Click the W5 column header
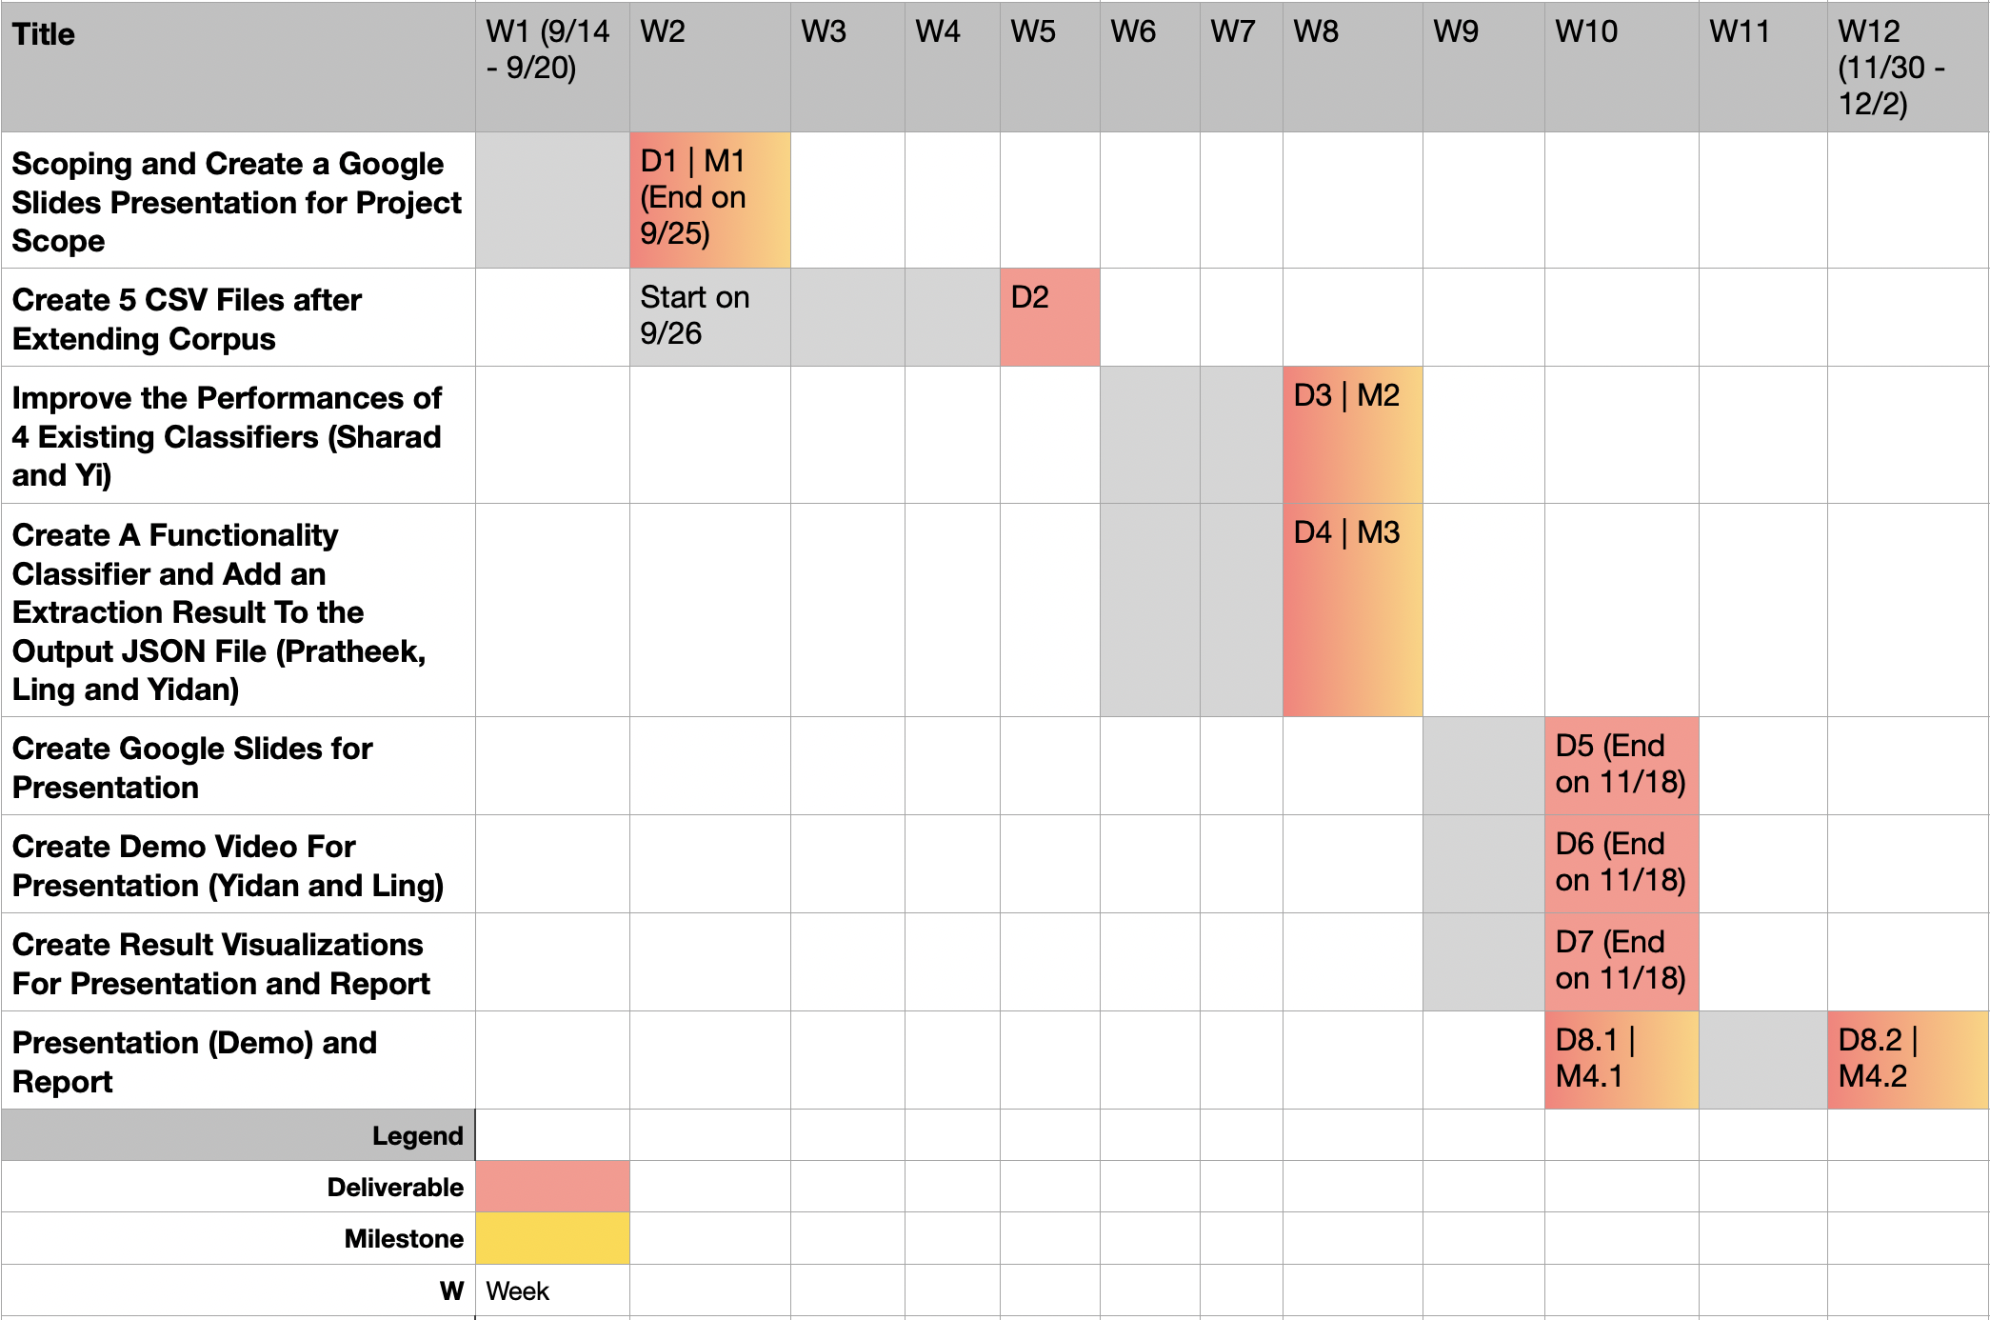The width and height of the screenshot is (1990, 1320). click(x=1049, y=67)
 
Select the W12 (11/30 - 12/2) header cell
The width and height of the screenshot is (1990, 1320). click(x=1907, y=67)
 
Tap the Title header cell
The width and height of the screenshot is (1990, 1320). click(x=238, y=67)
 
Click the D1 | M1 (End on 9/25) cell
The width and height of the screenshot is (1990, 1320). click(x=709, y=200)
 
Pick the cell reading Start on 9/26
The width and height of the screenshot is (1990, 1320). click(x=709, y=316)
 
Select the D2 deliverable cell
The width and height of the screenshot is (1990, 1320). click(x=1049, y=316)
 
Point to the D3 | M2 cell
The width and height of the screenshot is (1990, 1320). click(x=1352, y=434)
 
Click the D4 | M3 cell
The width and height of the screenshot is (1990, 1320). click(x=1352, y=610)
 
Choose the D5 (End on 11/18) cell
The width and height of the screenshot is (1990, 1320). click(x=1621, y=765)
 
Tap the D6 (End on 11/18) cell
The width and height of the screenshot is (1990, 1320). click(x=1621, y=863)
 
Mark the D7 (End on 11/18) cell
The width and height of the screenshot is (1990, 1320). click(x=1621, y=961)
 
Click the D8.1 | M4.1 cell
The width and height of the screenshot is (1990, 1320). click(x=1621, y=1059)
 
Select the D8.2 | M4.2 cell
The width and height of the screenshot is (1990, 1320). click(x=1907, y=1059)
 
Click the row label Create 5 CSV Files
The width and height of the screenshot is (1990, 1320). click(x=238, y=318)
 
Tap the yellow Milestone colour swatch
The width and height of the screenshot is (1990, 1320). click(x=552, y=1238)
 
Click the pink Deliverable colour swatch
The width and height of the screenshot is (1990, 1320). click(x=552, y=1187)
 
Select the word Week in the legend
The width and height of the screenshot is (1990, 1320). click(x=518, y=1291)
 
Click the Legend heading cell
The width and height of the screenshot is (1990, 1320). click(x=238, y=1135)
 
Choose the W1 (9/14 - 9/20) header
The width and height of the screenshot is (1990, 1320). click(x=552, y=67)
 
